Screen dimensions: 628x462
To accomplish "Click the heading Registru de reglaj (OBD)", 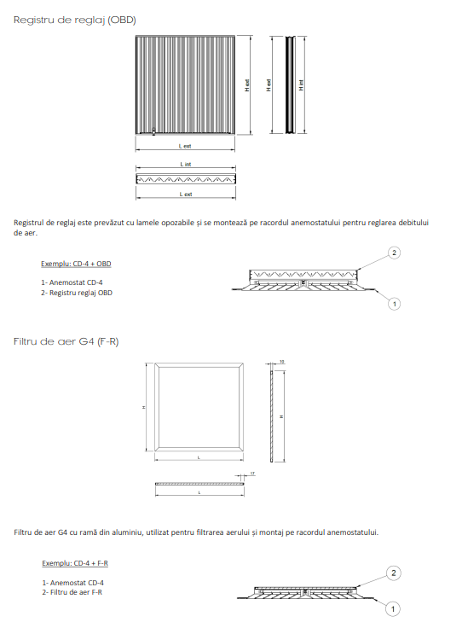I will [74, 19].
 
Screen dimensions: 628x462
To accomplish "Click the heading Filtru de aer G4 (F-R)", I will [66, 340].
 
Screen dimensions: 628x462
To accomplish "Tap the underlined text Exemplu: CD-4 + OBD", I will [76, 264].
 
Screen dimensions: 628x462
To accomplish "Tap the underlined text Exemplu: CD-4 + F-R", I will [74, 564].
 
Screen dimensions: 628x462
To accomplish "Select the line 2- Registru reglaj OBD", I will [76, 293].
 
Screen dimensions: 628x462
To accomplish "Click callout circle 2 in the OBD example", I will [394, 253].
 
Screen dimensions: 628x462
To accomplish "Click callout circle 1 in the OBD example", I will [394, 303].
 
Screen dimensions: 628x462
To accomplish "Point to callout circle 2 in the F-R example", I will [393, 573].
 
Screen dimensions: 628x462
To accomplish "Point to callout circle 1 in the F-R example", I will [393, 608].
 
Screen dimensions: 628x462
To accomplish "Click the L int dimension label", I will [185, 163].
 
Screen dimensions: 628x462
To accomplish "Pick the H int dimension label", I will [301, 85].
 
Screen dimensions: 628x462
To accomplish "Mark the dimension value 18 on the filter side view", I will [281, 362].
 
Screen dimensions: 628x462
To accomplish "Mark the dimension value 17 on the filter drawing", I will [253, 473].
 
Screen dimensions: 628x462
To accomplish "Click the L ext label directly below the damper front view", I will [185, 146].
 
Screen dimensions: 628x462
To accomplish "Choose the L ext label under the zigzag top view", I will [185, 194].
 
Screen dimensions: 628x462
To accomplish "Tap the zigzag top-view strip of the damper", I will [185, 179].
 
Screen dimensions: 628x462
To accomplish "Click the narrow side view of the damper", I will [290, 85].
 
